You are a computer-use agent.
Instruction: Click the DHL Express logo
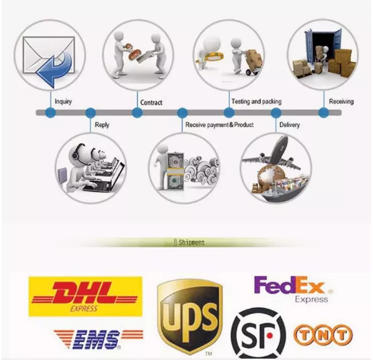tap(85, 297)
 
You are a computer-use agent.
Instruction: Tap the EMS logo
tap(98, 339)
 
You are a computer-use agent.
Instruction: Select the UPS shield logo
tap(190, 317)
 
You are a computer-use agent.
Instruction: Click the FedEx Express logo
tap(293, 289)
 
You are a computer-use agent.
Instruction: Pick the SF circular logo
tap(258, 332)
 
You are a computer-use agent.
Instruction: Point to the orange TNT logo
tap(323, 335)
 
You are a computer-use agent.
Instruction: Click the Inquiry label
tap(64, 101)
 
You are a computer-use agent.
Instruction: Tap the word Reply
tap(102, 125)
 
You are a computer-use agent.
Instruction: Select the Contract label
tap(151, 103)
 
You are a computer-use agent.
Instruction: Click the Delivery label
tap(290, 125)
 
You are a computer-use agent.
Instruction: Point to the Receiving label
tap(341, 101)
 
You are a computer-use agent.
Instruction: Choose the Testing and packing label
tap(257, 101)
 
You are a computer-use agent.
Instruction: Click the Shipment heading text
tap(191, 242)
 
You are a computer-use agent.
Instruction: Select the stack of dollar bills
tap(176, 171)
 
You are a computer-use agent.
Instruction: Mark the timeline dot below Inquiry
tap(51, 113)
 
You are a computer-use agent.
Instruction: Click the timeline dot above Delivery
tap(276, 113)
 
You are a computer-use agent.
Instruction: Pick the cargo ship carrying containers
tap(285, 190)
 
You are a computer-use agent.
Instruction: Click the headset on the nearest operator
tap(77, 153)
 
